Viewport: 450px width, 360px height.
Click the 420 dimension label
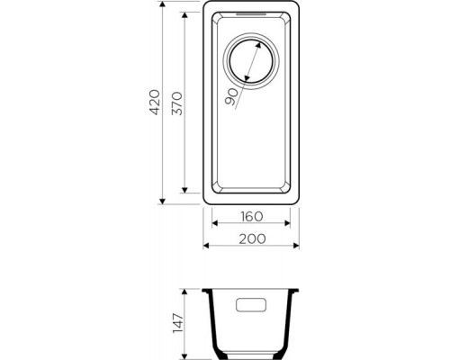(155, 102)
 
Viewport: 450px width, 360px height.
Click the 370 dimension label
(176, 103)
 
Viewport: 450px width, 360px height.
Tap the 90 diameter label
(231, 97)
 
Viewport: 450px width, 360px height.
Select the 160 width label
(252, 216)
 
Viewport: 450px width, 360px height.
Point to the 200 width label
(252, 238)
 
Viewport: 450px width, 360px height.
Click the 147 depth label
(178, 323)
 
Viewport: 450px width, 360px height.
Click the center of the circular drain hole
(251, 61)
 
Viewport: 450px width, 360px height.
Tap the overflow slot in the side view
(251, 305)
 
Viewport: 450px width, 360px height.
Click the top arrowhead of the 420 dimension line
(162, 4)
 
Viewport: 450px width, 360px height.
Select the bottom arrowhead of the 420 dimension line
(162, 202)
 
